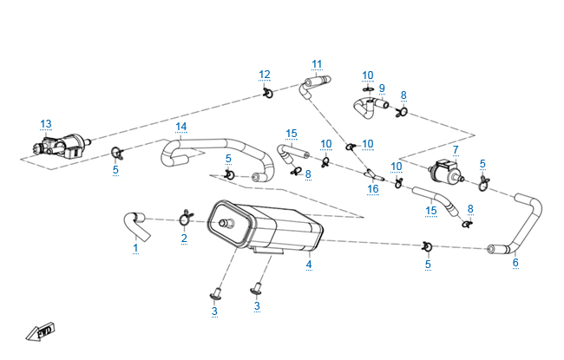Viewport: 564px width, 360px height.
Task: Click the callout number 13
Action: click(x=46, y=123)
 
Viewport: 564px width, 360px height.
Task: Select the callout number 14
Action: click(x=180, y=127)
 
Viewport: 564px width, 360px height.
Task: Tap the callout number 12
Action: click(x=265, y=75)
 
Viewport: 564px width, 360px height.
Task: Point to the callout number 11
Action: click(x=317, y=64)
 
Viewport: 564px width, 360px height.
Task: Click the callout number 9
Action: click(x=381, y=88)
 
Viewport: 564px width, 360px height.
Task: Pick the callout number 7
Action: click(x=456, y=150)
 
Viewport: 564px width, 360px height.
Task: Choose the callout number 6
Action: click(x=515, y=262)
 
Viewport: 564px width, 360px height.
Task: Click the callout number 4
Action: click(x=309, y=264)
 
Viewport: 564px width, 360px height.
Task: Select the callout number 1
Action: click(x=135, y=248)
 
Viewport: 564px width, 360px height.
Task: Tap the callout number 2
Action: click(x=184, y=237)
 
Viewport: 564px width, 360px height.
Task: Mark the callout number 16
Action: click(x=373, y=188)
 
